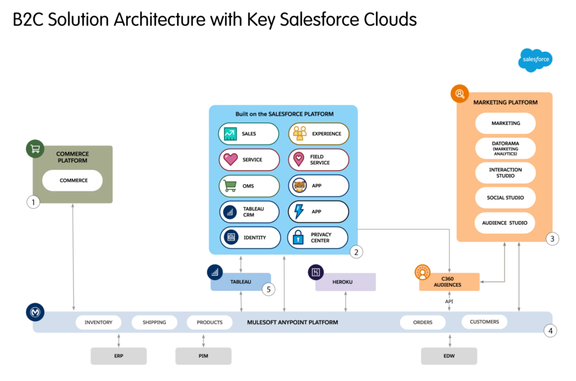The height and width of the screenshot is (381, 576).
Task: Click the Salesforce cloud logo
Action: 535,60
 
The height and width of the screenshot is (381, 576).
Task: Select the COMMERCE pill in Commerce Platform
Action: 73,181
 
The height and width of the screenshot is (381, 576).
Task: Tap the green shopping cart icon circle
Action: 35,149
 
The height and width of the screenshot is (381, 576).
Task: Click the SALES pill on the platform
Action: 249,134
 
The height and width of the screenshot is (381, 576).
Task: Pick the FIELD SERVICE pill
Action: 319,160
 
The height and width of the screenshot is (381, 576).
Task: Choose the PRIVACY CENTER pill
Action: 318,237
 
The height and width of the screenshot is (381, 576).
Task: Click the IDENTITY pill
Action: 250,238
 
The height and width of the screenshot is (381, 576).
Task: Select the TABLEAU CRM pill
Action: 249,212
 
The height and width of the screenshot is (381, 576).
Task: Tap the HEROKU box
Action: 345,282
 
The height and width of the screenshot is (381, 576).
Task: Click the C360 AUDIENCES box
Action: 449,282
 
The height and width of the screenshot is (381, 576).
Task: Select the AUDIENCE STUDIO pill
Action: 505,223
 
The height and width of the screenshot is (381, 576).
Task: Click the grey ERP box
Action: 119,356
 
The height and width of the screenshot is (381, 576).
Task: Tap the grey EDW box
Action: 449,356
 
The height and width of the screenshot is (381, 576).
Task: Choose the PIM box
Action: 203,356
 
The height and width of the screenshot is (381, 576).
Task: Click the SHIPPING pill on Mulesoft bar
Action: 154,323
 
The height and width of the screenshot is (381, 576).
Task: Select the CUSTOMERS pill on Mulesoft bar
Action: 484,322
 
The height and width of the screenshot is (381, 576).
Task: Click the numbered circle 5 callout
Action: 269,290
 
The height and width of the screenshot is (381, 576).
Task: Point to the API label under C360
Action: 449,302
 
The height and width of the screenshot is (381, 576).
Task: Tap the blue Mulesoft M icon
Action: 35,312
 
